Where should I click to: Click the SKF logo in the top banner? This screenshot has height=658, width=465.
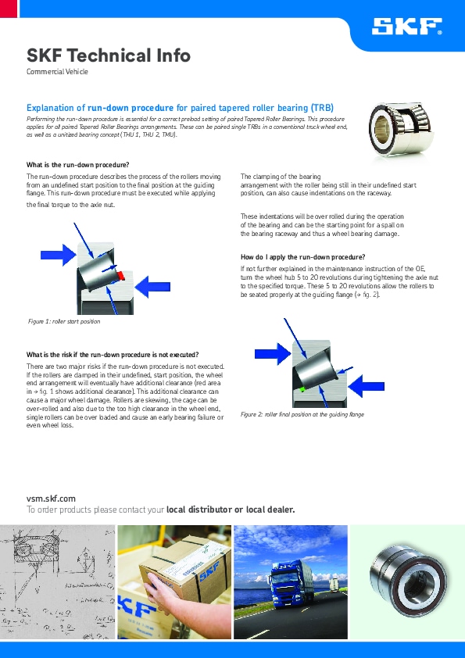pos(406,26)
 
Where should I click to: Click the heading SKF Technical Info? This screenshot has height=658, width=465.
pos(109,55)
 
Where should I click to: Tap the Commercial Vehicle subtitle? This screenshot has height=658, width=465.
pos(57,71)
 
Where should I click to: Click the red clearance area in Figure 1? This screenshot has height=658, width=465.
pos(121,275)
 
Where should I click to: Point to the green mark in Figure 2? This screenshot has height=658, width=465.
pos(302,389)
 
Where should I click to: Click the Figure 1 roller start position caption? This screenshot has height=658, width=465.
pos(64,321)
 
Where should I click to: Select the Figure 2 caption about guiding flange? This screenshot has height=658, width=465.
pos(302,414)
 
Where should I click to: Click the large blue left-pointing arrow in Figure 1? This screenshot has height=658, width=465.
pos(152,287)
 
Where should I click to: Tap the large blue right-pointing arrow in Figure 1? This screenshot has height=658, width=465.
pos(59,255)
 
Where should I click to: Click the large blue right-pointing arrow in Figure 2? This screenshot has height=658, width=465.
pos(273,354)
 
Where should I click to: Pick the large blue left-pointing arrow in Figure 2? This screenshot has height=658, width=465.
pos(367,386)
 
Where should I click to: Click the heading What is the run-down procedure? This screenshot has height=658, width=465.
pos(77,165)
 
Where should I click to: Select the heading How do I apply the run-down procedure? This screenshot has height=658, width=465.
pos(302,257)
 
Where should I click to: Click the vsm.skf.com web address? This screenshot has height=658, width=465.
pos(51,499)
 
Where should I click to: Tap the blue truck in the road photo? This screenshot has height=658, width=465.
pos(292,584)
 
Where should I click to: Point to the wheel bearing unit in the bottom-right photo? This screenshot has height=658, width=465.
pos(407,580)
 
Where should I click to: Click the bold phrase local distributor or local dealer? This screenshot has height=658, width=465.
pos(231,510)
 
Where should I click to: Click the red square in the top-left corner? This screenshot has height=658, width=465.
pos(9,9)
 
